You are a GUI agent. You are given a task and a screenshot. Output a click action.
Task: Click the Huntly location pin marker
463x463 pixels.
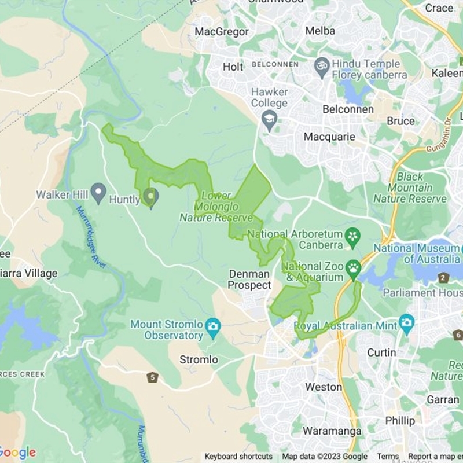(150, 197)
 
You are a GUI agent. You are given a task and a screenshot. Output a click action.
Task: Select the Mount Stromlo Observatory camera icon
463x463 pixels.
(213, 325)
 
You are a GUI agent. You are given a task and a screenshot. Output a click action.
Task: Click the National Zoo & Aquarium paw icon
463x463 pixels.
(353, 268)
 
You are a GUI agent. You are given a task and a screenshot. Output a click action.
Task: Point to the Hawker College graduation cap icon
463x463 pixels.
(269, 120)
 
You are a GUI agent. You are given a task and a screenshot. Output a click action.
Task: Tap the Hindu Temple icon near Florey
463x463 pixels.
(321, 64)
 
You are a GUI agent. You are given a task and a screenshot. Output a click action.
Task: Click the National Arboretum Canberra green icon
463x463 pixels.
(352, 236)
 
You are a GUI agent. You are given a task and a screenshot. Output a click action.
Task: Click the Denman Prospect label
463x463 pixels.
(249, 280)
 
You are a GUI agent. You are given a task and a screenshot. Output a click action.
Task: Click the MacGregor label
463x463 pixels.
(222, 31)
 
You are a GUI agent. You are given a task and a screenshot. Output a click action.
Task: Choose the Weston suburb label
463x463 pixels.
(324, 387)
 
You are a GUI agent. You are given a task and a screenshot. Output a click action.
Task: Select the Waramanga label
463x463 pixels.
(332, 431)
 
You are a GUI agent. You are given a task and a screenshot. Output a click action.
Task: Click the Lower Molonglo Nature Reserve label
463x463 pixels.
(216, 207)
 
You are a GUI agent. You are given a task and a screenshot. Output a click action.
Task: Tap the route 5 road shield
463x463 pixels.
(152, 378)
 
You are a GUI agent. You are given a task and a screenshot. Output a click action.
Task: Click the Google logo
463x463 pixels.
(17, 453)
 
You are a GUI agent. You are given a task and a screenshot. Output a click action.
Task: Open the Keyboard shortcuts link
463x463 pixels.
(238, 457)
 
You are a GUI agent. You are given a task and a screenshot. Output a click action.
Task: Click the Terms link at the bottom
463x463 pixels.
(388, 457)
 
